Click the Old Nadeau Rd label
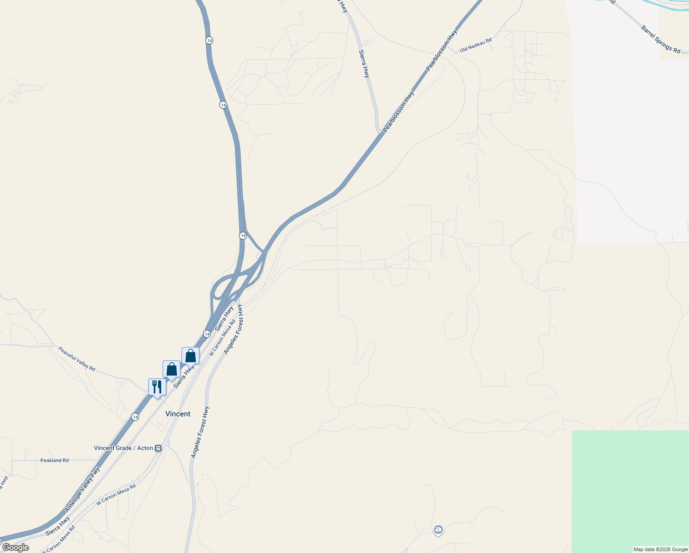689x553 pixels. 476,44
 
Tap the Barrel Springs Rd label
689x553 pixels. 660,39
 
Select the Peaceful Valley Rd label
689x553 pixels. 76,359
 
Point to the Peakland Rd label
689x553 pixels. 54,460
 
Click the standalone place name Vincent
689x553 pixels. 178,414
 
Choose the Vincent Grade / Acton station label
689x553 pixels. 123,448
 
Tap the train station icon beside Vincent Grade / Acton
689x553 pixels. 158,448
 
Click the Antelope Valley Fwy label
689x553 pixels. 82,489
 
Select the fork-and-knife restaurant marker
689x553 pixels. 157,387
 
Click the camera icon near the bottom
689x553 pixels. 438,530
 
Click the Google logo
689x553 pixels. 15,547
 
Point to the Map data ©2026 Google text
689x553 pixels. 660,549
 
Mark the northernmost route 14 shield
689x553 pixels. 210,41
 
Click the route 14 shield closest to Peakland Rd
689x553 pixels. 134,417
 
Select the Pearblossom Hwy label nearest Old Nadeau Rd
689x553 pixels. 442,50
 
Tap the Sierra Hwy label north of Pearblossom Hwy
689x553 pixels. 364,64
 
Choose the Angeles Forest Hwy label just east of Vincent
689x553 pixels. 200,432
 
